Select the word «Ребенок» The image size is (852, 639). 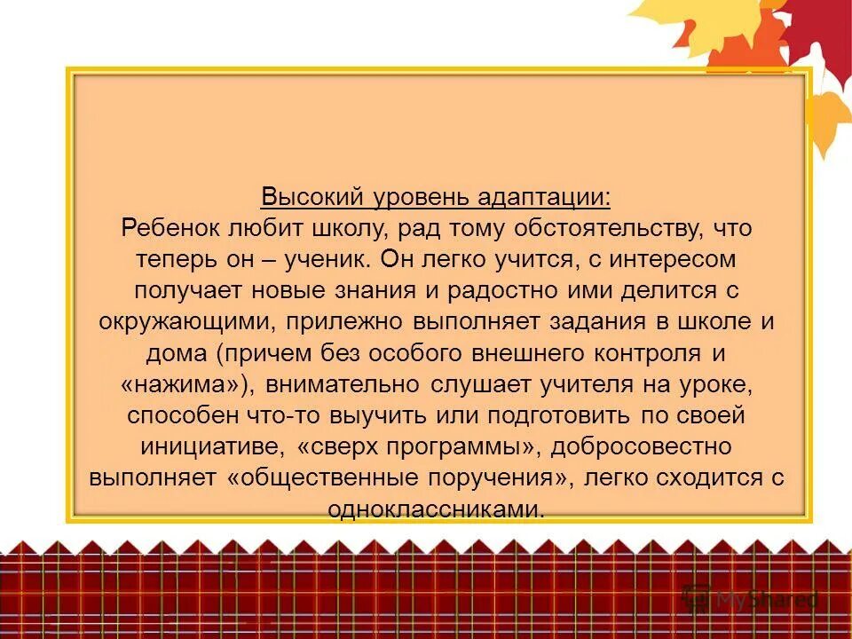tap(170, 228)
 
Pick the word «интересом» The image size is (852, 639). tap(673, 259)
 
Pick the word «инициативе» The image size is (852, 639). tap(214, 446)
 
